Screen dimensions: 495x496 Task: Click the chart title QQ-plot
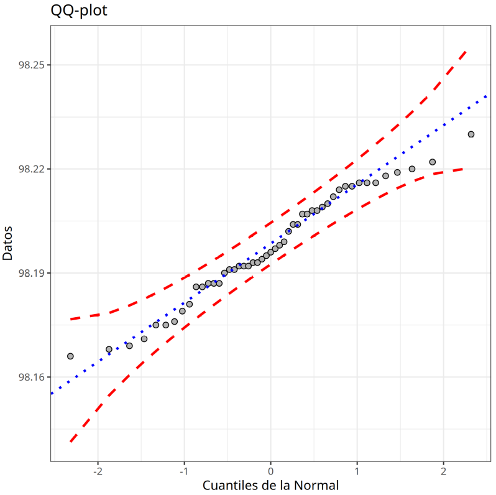click(x=78, y=11)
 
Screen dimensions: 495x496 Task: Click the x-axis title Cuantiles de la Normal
click(x=270, y=485)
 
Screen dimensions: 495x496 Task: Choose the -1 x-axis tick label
click(x=183, y=471)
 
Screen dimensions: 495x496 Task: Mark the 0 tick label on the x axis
click(x=270, y=471)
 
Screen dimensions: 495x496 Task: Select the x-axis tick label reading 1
click(x=357, y=471)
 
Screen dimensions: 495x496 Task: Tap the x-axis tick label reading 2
click(x=444, y=471)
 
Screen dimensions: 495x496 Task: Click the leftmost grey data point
click(x=70, y=356)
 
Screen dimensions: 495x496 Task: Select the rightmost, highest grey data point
click(x=471, y=134)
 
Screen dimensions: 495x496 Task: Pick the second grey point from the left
click(x=109, y=349)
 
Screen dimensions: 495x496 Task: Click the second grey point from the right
click(x=433, y=162)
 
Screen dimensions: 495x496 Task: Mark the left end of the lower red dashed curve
click(x=70, y=442)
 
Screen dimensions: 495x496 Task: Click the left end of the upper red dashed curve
click(x=70, y=319)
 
